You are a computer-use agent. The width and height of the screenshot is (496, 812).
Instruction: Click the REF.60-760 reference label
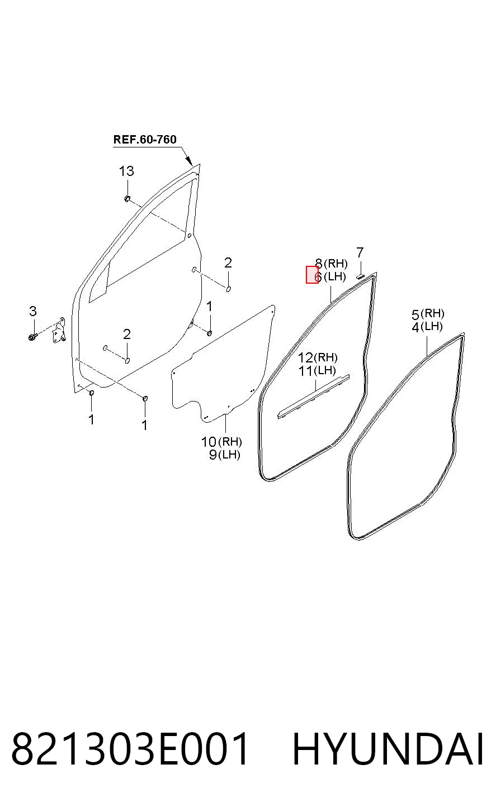coord(145,140)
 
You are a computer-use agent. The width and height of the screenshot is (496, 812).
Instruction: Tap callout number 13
coord(126,171)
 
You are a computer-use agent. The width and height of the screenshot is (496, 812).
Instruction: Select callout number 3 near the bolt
coord(32,311)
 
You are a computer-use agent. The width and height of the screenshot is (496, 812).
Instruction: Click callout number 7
coord(360,252)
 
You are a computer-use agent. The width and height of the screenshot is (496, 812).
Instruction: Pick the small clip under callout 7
coord(360,276)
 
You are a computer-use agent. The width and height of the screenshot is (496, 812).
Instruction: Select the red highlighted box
coord(312,274)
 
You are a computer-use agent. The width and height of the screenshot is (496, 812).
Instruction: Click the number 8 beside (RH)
coord(319,263)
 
